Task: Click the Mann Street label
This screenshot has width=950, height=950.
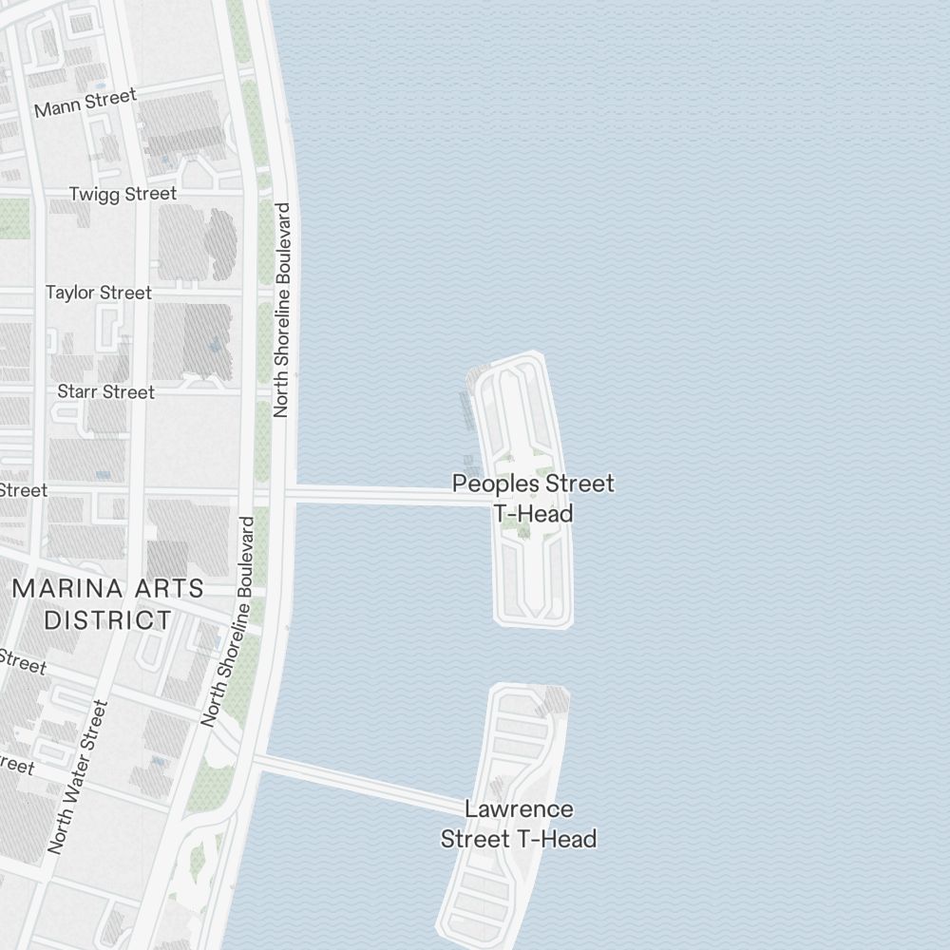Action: click(85, 102)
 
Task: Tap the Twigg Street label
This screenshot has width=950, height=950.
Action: click(123, 194)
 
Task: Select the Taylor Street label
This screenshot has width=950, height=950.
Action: click(98, 293)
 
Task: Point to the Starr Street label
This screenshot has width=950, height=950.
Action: click(105, 391)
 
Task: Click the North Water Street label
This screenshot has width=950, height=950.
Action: click(78, 777)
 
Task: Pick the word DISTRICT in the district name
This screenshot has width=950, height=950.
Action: click(108, 620)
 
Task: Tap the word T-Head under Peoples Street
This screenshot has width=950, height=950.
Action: click(533, 514)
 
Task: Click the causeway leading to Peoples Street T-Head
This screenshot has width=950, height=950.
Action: click(380, 494)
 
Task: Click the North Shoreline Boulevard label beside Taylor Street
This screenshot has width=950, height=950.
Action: click(281, 310)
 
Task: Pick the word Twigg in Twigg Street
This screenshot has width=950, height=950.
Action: click(95, 194)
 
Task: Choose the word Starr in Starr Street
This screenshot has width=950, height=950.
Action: click(78, 391)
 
